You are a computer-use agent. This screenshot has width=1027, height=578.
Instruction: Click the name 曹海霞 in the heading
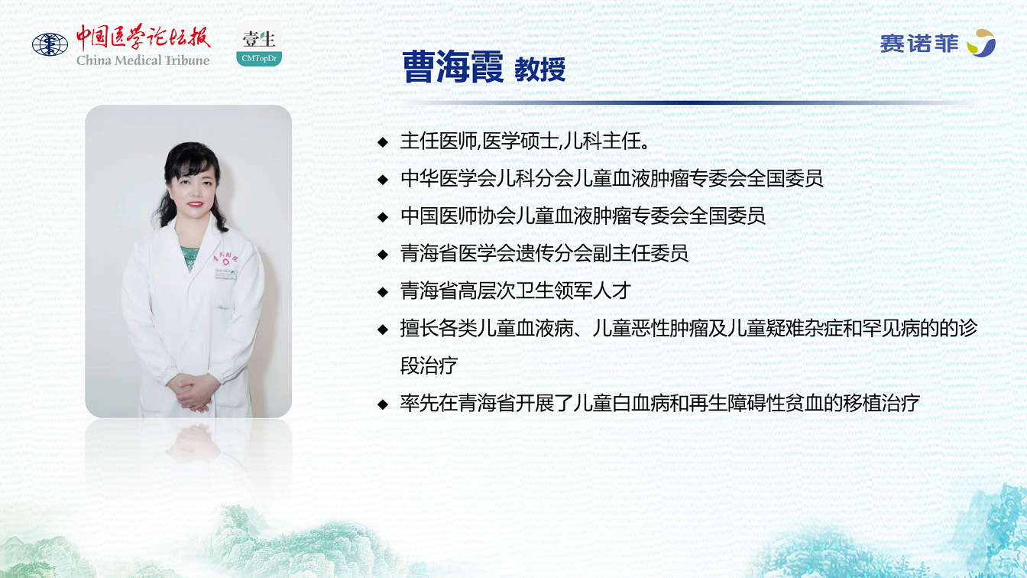coord(453,67)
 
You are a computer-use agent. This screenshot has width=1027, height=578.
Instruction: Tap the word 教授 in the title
coord(539,70)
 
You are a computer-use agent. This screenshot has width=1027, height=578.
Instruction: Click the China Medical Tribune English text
coord(143,60)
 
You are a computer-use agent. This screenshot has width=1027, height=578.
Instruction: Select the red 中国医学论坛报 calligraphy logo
coord(143,37)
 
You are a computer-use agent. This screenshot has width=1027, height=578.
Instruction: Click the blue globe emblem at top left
coord(50,45)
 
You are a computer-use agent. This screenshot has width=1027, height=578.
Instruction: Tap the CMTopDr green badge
coord(259,58)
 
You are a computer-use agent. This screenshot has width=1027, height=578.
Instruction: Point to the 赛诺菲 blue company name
coord(919,44)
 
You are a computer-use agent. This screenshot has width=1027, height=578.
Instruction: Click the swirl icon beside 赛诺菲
coord(980,43)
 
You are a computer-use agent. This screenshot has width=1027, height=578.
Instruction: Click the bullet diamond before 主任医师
coord(383,142)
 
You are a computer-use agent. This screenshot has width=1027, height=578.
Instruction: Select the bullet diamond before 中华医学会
coord(383,180)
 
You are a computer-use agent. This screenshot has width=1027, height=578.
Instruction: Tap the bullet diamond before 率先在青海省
coord(383,404)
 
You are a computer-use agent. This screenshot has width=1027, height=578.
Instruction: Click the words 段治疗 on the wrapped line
coord(429,365)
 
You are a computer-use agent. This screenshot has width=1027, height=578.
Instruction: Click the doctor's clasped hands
coord(193,392)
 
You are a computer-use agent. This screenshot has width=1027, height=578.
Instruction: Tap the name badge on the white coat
coord(225,274)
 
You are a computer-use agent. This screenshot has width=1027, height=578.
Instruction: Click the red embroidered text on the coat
coord(225,258)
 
